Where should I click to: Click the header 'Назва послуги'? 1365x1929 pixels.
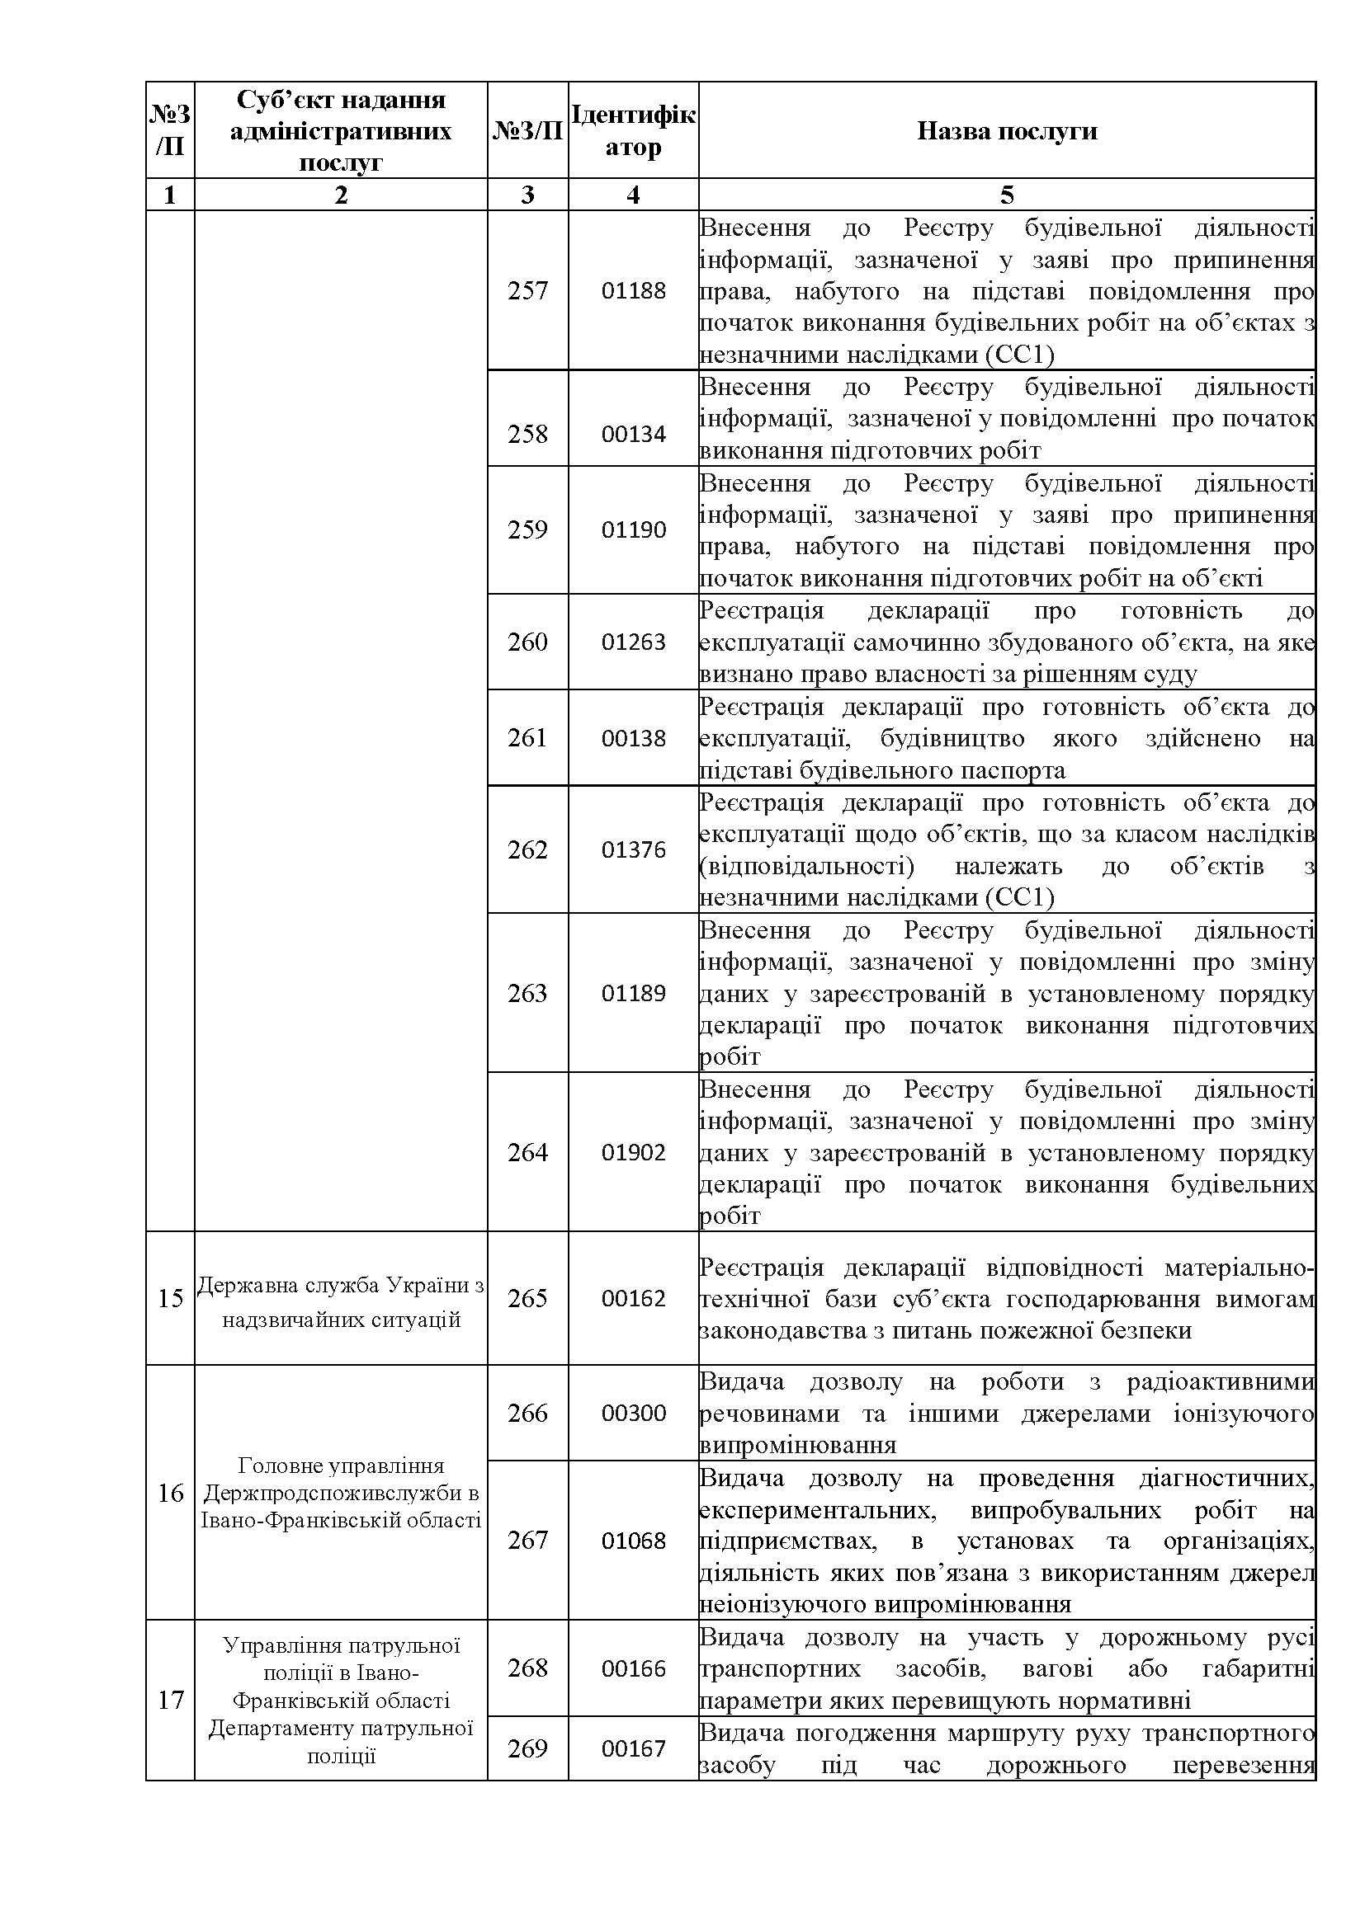(x=1006, y=131)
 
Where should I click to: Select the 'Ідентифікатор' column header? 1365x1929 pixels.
(x=633, y=130)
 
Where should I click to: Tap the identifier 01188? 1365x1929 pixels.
(x=633, y=290)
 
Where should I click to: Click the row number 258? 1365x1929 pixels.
(x=527, y=434)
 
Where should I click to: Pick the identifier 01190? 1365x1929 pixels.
(x=633, y=529)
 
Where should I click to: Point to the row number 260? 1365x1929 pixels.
(x=527, y=642)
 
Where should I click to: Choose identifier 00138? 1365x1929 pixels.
(x=633, y=737)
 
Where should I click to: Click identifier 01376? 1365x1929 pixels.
(x=633, y=849)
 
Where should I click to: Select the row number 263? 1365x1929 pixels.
(x=527, y=993)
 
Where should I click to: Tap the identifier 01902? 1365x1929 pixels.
(x=633, y=1152)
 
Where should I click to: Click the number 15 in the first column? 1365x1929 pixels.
(x=171, y=1298)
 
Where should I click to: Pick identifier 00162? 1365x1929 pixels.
(x=633, y=1298)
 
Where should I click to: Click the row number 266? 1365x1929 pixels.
(x=527, y=1412)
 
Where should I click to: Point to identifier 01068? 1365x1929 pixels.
(x=633, y=1540)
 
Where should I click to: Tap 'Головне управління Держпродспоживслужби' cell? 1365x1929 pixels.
(x=340, y=1492)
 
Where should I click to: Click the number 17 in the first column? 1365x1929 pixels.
(x=171, y=1700)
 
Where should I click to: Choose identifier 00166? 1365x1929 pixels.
(x=633, y=1668)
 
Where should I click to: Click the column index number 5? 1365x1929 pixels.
(x=1006, y=195)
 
